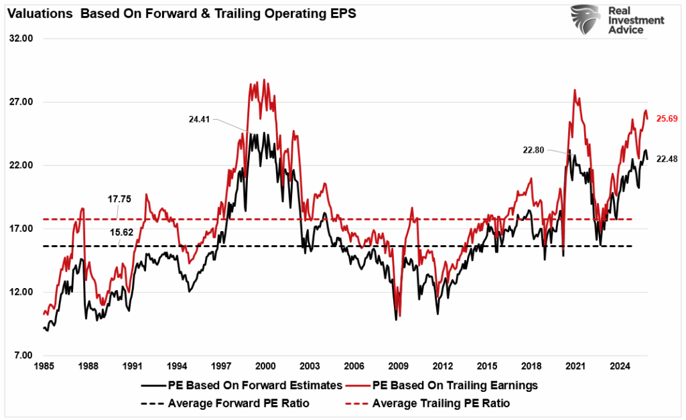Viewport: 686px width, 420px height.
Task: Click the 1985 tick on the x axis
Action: [44, 367]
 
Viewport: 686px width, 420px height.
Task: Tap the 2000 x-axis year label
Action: [265, 367]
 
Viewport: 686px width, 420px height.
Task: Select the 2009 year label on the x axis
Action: [399, 367]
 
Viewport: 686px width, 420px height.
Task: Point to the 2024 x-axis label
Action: [620, 367]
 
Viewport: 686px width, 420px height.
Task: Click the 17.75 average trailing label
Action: [119, 198]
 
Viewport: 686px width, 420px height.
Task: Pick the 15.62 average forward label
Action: [119, 231]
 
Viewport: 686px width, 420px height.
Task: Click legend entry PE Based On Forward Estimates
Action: [243, 386]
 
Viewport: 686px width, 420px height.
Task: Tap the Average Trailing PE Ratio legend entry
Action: [431, 403]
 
